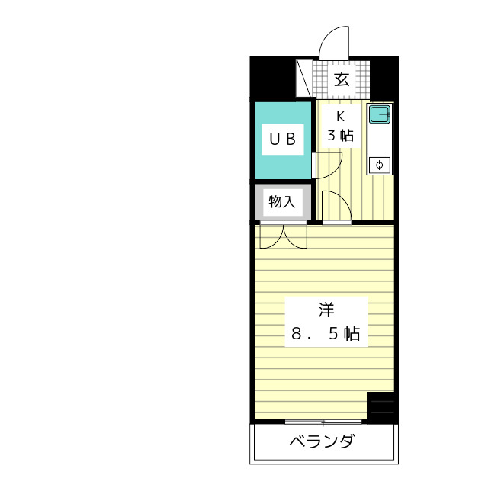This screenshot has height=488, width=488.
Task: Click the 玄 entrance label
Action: coord(342,79)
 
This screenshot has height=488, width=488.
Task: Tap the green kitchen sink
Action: coord(379,115)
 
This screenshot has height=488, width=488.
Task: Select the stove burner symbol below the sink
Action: coord(379,165)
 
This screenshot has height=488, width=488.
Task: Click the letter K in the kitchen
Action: coord(341,117)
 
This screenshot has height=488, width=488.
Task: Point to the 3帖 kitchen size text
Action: coord(341,136)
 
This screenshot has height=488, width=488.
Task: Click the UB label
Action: coord(284,139)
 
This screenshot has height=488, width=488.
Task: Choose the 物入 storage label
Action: coord(281,202)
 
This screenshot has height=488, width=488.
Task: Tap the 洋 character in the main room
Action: coord(326,310)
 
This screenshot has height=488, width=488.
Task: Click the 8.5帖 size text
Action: coord(326,333)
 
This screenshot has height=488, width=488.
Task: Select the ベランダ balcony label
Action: coord(323,442)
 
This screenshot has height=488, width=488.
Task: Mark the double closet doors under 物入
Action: coord(282,236)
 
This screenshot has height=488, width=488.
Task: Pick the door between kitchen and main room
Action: coord(335,207)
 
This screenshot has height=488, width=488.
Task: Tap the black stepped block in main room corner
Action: coord(382,406)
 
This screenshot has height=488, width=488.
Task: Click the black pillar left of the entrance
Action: coord(272,77)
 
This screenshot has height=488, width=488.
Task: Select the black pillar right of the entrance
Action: coord(384,77)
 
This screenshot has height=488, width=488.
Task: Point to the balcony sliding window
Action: coord(323,422)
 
